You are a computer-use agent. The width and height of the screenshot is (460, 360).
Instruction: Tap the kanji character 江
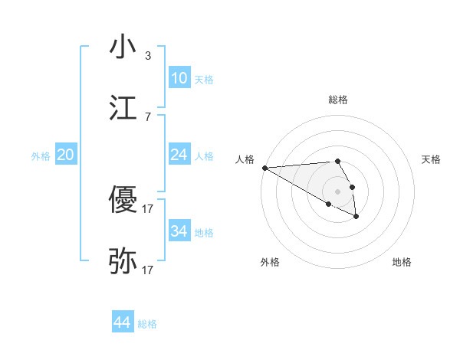click(x=123, y=108)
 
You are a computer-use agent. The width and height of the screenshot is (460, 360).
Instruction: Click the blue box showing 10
click(x=179, y=77)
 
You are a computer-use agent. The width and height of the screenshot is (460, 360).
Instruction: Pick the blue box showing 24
click(x=179, y=155)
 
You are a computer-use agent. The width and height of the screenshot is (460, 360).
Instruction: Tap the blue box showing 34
click(x=179, y=231)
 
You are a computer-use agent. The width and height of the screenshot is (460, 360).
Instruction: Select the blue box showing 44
click(x=122, y=322)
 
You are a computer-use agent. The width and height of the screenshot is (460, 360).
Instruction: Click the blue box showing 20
click(x=65, y=155)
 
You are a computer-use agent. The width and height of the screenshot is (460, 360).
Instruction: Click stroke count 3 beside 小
click(x=148, y=55)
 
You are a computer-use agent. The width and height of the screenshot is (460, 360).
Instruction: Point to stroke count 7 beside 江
click(x=148, y=116)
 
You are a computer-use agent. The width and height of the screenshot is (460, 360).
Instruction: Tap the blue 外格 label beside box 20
click(x=41, y=156)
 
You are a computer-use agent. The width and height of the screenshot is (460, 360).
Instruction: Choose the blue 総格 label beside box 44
click(x=147, y=324)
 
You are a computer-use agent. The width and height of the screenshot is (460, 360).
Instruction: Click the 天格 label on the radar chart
click(x=432, y=159)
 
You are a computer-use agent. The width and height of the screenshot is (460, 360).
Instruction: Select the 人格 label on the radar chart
click(x=244, y=159)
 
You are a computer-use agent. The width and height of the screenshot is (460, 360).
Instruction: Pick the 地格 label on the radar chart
click(x=402, y=262)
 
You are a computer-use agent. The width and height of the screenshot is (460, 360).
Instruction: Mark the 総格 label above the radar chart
click(x=337, y=100)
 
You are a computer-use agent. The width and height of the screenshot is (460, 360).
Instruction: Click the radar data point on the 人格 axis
click(x=264, y=168)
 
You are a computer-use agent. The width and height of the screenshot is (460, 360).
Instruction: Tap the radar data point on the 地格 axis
click(x=356, y=218)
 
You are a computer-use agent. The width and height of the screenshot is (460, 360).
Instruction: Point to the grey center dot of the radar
click(x=337, y=191)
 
